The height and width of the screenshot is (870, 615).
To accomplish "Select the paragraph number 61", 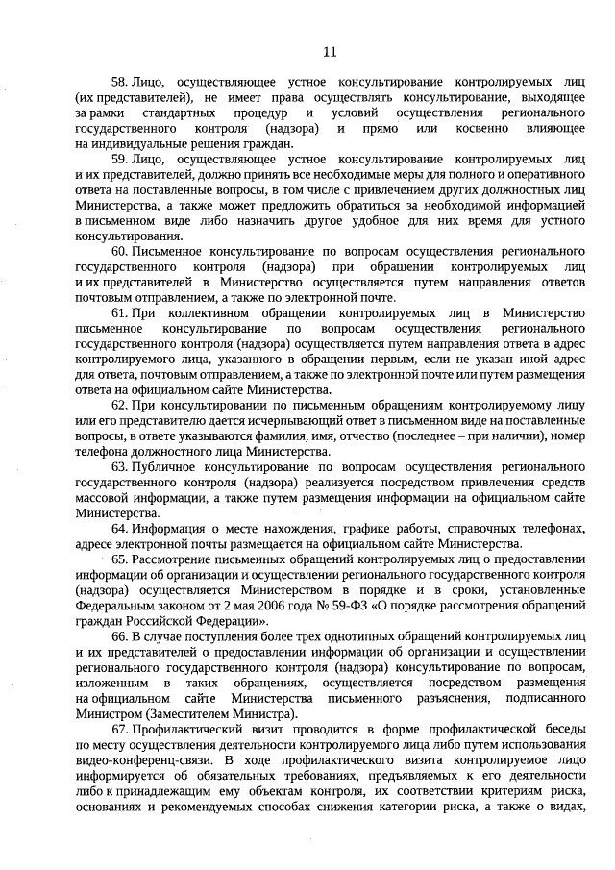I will [119, 313].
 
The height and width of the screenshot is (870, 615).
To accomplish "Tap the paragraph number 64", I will [119, 528].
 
